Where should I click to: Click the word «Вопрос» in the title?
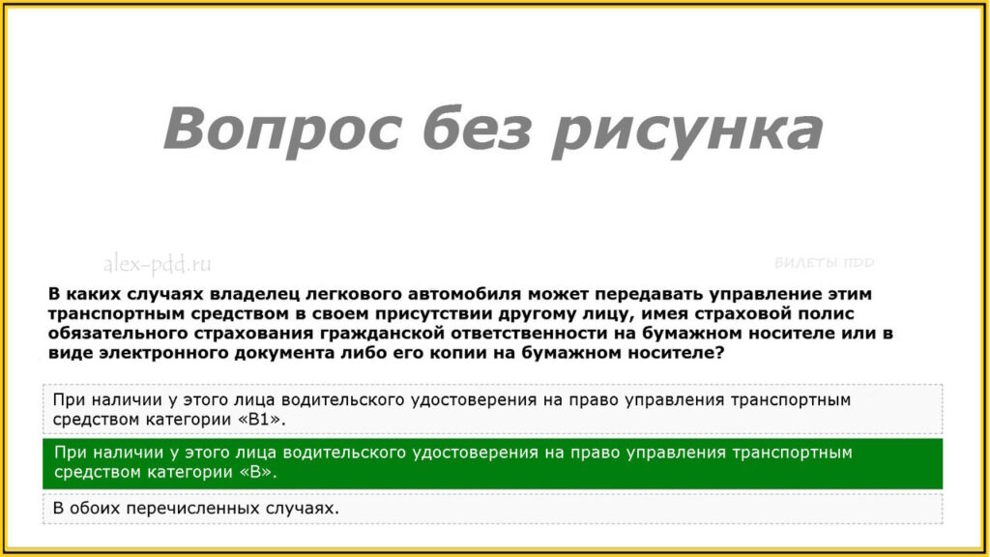pyautogui.click(x=282, y=130)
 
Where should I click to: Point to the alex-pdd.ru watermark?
pyautogui.click(x=158, y=264)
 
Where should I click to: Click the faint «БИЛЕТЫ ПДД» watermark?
pyautogui.click(x=824, y=263)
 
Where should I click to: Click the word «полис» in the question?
pyautogui.click(x=825, y=314)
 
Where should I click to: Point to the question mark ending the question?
pyautogui.click(x=719, y=352)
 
